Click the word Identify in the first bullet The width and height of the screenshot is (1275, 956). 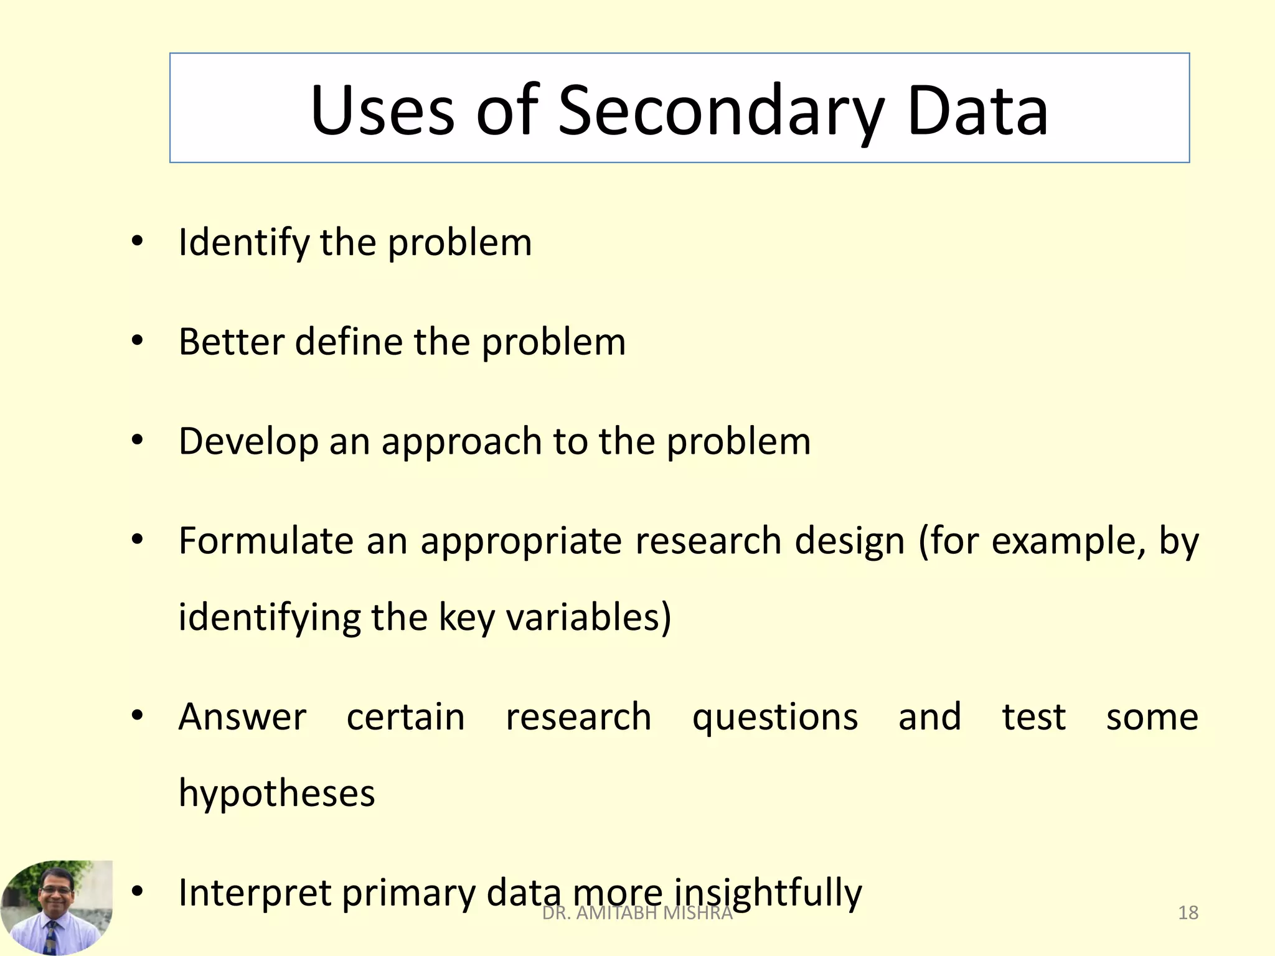(x=243, y=242)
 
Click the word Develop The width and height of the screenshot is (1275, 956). (x=248, y=441)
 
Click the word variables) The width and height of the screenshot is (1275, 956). (x=588, y=617)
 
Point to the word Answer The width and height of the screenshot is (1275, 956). (x=242, y=717)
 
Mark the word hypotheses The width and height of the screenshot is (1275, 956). (x=277, y=794)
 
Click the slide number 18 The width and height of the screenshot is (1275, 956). (x=1188, y=913)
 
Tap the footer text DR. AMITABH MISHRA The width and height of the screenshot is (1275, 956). (x=637, y=913)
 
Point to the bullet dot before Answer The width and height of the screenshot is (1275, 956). (x=138, y=715)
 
